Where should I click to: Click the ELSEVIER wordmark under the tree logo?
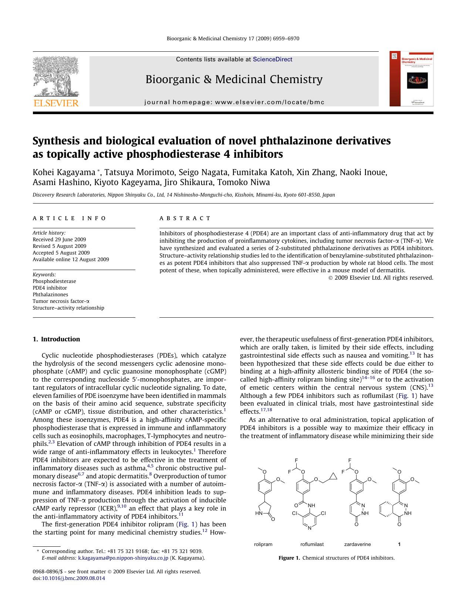pyautogui.click(x=56, y=103)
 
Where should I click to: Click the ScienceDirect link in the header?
pyautogui.click(x=272, y=59)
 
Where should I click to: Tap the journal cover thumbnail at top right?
pyautogui.click(x=411, y=79)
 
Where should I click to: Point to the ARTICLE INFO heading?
pyautogui.click(x=69, y=218)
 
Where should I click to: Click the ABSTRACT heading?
pyautogui.click(x=185, y=218)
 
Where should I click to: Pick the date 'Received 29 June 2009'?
pyautogui.click(x=59, y=239)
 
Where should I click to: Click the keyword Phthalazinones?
pyautogui.click(x=50, y=294)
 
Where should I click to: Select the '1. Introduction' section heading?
pyautogui.click(x=56, y=339)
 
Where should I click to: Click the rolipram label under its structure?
pyautogui.click(x=263, y=544)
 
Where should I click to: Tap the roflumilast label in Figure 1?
pyautogui.click(x=312, y=544)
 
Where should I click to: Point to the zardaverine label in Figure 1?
pyautogui.click(x=357, y=544)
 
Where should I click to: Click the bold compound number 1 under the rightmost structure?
pyautogui.click(x=399, y=544)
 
